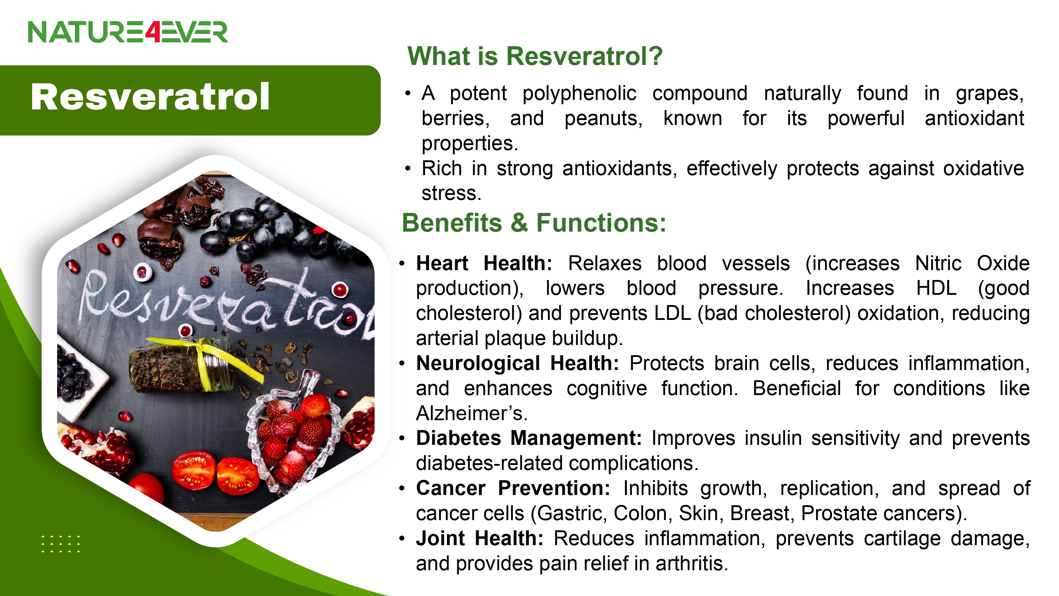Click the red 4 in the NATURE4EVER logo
[x=152, y=32]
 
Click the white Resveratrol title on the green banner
[x=150, y=97]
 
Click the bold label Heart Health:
[x=484, y=263]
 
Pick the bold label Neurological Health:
[x=517, y=363]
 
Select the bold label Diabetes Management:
[x=529, y=438]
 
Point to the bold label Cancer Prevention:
[x=513, y=488]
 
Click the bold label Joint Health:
[x=480, y=538]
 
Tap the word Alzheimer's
[x=471, y=413]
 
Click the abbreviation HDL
[x=936, y=288]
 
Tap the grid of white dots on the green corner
[x=61, y=544]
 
